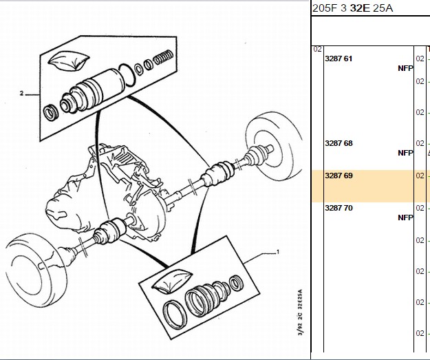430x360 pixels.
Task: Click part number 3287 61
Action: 338,59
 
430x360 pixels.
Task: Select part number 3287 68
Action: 338,143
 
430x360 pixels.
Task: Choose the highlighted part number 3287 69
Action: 338,176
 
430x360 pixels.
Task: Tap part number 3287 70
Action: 338,208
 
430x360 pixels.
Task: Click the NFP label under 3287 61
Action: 405,68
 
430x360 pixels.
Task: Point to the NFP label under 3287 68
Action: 405,153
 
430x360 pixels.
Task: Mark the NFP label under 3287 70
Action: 405,218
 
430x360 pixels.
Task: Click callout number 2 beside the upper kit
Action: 21,94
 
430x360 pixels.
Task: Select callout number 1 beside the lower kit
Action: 278,252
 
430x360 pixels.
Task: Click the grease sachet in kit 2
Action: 69,61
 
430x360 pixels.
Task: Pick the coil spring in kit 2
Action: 163,57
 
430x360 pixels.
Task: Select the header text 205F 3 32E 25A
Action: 353,8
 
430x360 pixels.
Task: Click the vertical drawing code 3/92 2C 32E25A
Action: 300,313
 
